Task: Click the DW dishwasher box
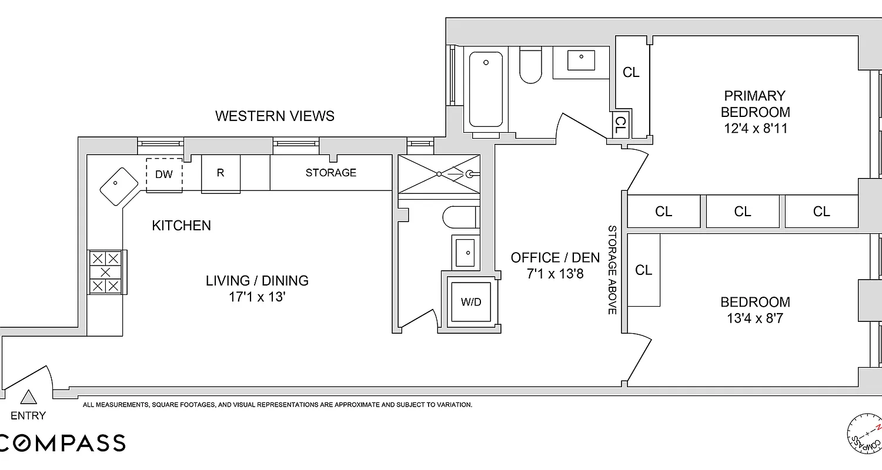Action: (164, 174)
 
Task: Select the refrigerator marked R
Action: (220, 173)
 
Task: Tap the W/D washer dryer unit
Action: (470, 302)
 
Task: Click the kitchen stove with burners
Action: (106, 272)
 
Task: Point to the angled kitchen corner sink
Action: (119, 186)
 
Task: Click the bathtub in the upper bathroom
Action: (486, 89)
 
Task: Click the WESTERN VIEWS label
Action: (275, 116)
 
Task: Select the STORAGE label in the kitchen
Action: (330, 173)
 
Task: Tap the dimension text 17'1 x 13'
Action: (257, 297)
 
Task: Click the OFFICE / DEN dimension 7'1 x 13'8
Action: (555, 273)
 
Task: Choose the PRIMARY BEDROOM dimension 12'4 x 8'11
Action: (755, 128)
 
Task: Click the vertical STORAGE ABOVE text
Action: (612, 270)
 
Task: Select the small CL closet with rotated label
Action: (620, 124)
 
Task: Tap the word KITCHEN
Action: (181, 226)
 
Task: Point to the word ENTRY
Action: (28, 416)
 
